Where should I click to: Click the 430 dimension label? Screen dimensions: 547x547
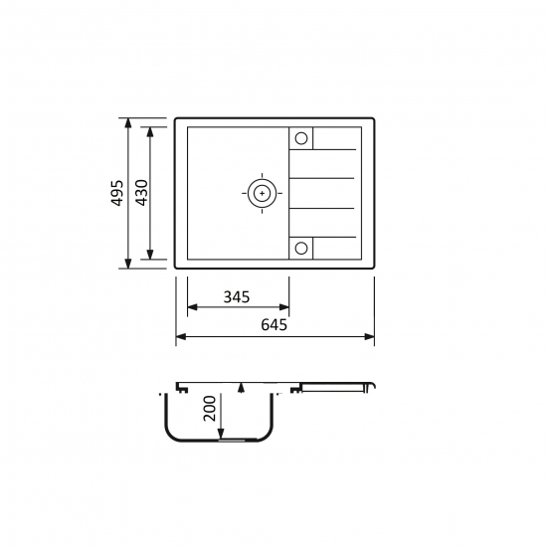[141, 193]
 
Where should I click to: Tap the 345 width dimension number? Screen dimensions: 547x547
[237, 297]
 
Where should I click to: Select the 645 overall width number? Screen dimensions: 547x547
[273, 325]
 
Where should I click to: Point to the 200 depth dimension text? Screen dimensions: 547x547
[210, 408]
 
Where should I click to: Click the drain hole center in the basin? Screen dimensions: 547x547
[262, 193]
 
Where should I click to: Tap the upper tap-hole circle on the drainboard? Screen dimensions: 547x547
[301, 138]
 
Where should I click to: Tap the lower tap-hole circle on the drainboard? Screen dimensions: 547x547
[301, 249]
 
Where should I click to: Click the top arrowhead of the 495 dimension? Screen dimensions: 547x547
[128, 122]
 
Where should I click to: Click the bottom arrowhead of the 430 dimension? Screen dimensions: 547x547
[150, 255]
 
